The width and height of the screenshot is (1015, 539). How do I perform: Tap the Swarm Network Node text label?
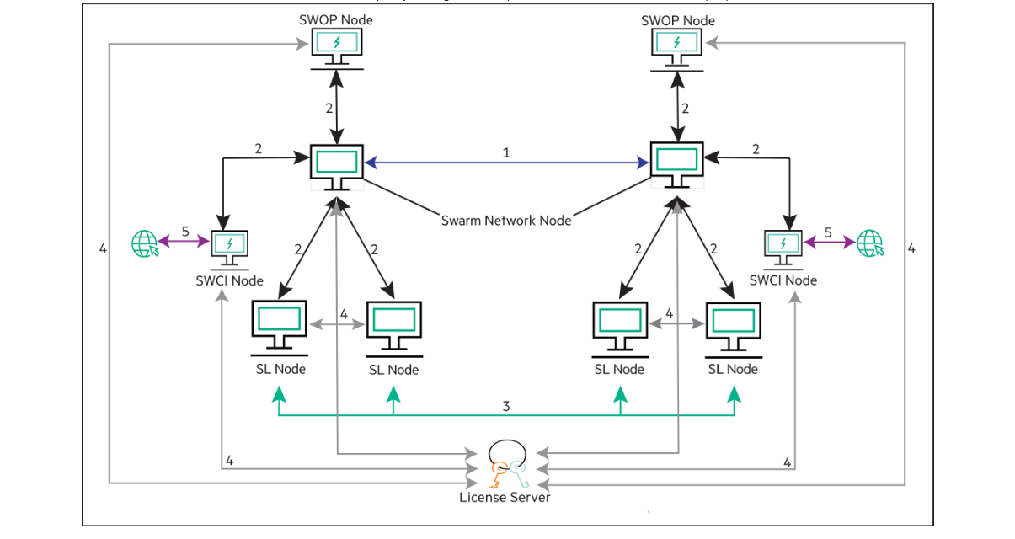point(506,221)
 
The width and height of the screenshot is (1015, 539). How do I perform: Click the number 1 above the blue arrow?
point(506,153)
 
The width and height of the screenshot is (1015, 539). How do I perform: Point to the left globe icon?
point(145,243)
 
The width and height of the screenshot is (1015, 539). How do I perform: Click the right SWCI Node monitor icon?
point(783,245)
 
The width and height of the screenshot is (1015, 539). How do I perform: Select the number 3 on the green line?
point(506,406)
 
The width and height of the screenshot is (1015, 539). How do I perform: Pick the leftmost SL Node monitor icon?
point(279,325)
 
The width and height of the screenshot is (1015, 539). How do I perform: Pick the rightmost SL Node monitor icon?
point(733,325)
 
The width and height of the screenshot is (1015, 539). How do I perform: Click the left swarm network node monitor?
point(337,165)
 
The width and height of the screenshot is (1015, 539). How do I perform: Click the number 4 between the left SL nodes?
point(344,314)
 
